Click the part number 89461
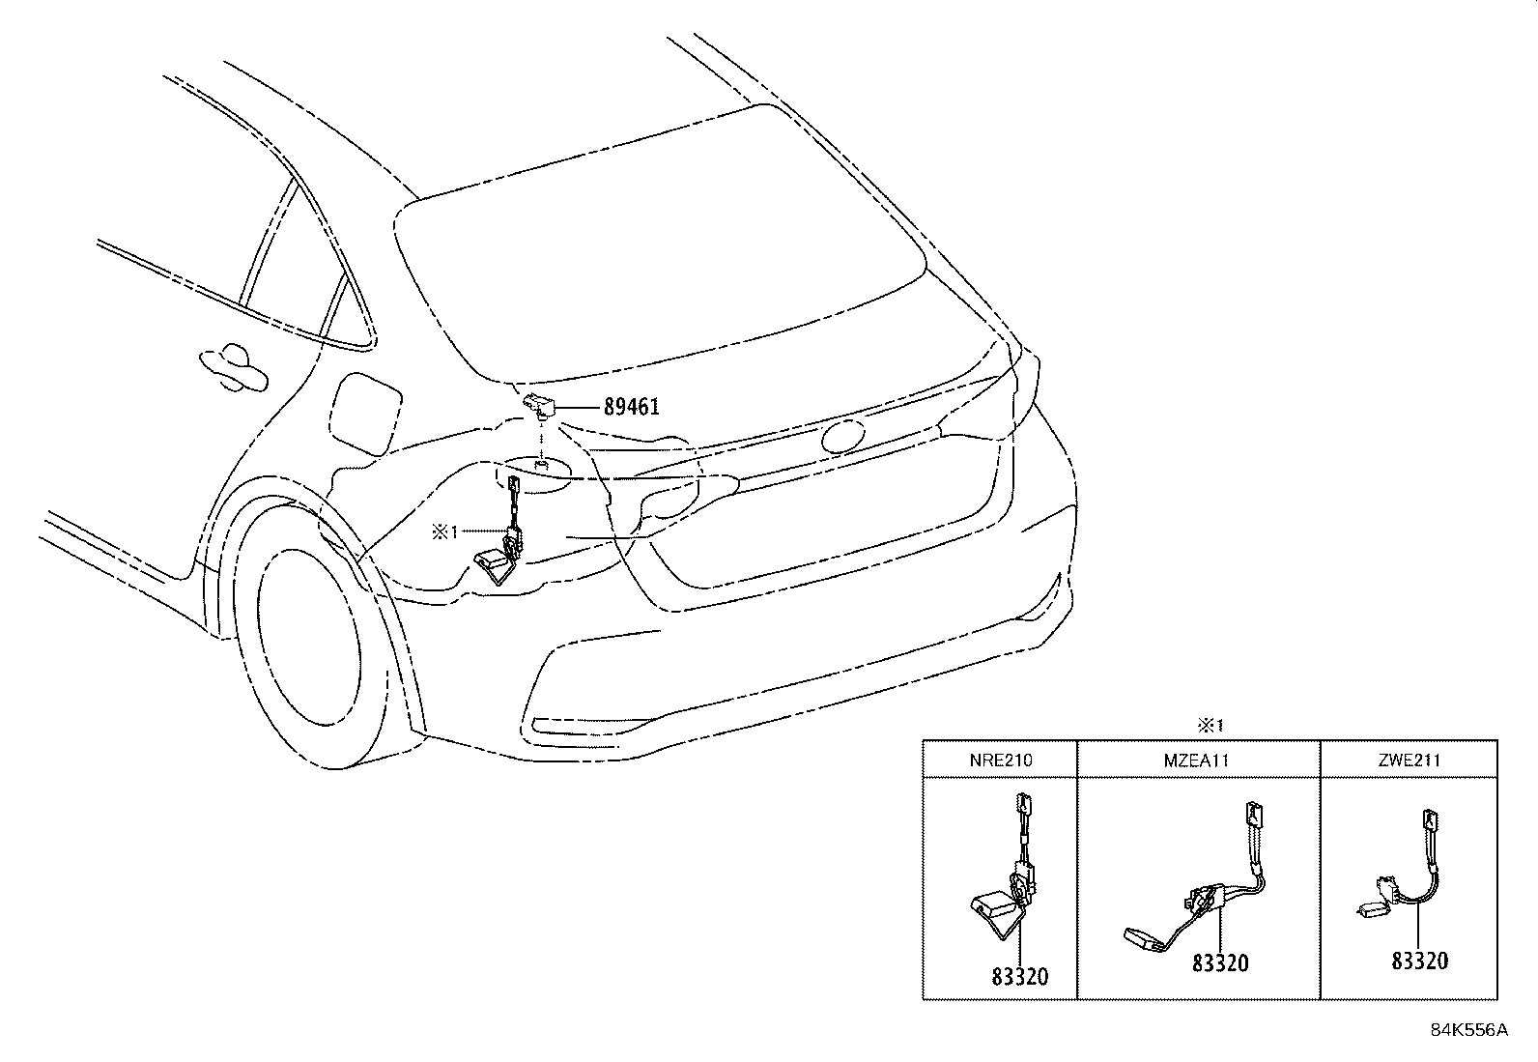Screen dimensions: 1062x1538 [x=631, y=407]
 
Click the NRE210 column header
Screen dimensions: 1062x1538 [x=1000, y=761]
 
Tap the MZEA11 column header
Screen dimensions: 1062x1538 [x=1198, y=761]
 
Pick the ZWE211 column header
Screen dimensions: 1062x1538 [x=1410, y=761]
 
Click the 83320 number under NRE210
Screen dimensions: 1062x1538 [x=1018, y=977]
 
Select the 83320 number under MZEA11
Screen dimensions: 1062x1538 [x=1219, y=962]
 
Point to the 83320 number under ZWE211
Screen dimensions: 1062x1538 [x=1419, y=961]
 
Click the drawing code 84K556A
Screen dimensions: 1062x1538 [x=1468, y=1030]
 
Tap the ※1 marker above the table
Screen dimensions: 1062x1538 [x=1210, y=726]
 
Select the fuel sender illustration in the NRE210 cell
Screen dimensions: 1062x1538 [x=1005, y=875]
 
